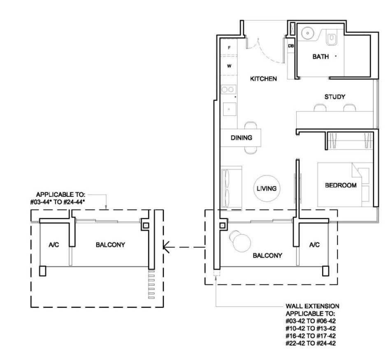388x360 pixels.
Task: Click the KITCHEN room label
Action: click(263, 79)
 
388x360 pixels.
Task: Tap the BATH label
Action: click(321, 57)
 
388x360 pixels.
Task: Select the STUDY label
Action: click(335, 97)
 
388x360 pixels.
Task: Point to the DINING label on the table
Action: click(241, 138)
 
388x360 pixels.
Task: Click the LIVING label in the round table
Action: click(267, 189)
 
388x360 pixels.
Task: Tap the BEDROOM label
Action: click(341, 185)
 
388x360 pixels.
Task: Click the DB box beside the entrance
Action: click(291, 46)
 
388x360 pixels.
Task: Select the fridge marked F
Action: click(229, 47)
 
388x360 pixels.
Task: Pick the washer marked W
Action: click(229, 66)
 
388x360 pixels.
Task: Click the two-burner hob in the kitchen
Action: click(228, 90)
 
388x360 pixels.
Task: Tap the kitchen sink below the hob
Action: click(230, 109)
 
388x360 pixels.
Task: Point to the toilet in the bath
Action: click(331, 38)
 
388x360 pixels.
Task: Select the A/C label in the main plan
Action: click(314, 245)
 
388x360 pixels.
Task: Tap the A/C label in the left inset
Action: click(54, 245)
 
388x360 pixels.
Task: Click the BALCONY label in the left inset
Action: click(110, 245)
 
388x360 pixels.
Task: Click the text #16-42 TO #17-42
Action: click(311, 336)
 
